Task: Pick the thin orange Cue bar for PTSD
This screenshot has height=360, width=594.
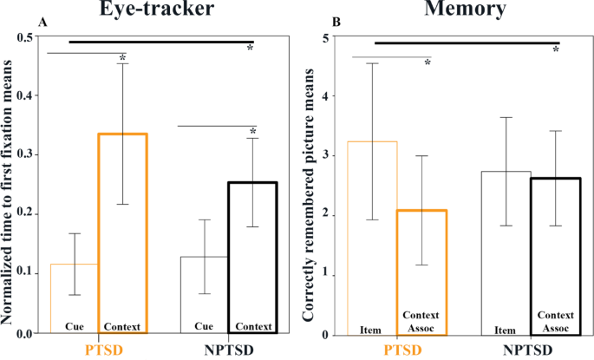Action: pyautogui.click(x=75, y=299)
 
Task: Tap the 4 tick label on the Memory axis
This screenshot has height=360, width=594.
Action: pyautogui.click(x=325, y=97)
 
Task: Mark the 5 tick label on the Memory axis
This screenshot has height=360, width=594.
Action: pyautogui.click(x=325, y=38)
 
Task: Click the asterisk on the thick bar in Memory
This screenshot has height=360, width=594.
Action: pyautogui.click(x=555, y=50)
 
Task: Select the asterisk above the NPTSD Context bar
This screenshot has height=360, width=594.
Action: pyautogui.click(x=253, y=134)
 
